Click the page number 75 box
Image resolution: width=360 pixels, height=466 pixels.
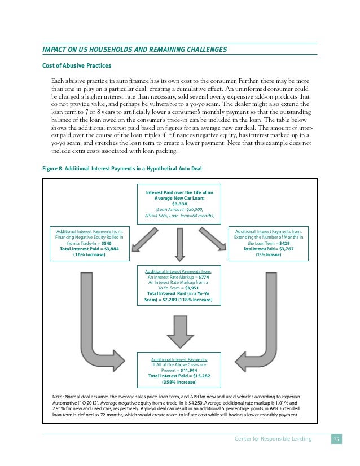tap(336, 439)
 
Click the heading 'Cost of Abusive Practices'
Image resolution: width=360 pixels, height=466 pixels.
tap(73, 65)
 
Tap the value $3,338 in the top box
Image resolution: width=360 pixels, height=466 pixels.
tap(179, 204)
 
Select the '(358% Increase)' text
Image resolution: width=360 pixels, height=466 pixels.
tap(179, 382)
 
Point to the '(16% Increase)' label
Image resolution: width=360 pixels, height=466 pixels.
tap(86, 254)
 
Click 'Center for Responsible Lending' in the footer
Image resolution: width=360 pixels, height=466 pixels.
tap(274, 439)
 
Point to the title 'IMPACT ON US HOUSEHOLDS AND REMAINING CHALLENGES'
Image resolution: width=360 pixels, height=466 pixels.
tap(135, 50)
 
